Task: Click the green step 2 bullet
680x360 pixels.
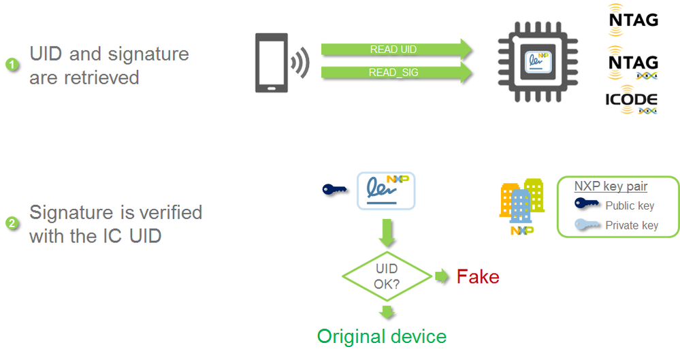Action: pyautogui.click(x=11, y=223)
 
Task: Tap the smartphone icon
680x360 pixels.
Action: pyautogui.click(x=270, y=62)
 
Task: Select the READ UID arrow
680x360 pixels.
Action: pyautogui.click(x=395, y=49)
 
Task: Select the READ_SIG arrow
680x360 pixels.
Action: pyautogui.click(x=395, y=73)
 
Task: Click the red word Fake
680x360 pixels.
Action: pyautogui.click(x=478, y=277)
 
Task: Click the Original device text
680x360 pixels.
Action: pyautogui.click(x=382, y=336)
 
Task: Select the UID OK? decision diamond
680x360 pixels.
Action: pyautogui.click(x=386, y=276)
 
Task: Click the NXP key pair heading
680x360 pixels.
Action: pyautogui.click(x=611, y=186)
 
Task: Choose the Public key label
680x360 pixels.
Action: pyautogui.click(x=630, y=206)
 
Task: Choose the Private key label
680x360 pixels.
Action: pyautogui.click(x=632, y=225)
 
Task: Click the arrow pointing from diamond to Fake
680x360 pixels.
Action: pyautogui.click(x=442, y=276)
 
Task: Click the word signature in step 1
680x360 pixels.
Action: pyautogui.click(x=150, y=54)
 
